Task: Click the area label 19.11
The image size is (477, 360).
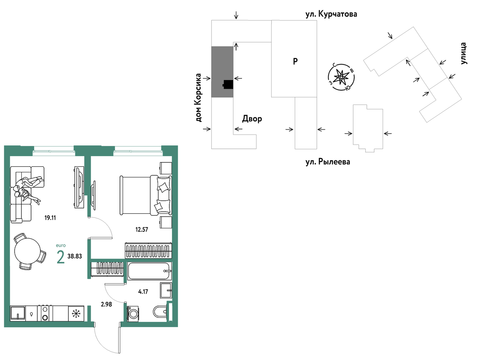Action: click(x=50, y=218)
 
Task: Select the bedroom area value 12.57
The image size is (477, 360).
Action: click(x=142, y=229)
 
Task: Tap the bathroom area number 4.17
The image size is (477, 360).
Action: click(x=143, y=292)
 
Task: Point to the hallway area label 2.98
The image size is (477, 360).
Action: click(x=106, y=304)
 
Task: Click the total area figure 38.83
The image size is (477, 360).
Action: click(x=75, y=256)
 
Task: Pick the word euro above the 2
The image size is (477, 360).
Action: click(x=61, y=245)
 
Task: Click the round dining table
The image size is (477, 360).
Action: click(x=28, y=251)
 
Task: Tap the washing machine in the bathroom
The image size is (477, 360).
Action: click(x=133, y=314)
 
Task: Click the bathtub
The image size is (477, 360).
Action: click(x=149, y=271)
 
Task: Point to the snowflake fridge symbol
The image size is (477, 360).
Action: click(x=76, y=313)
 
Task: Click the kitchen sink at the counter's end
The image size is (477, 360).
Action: click(x=18, y=313)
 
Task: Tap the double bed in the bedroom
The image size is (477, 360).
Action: click(x=146, y=195)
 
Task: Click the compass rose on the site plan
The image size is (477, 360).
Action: click(x=341, y=77)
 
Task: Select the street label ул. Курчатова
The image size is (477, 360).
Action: click(x=331, y=14)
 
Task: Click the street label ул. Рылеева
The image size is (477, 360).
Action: click(x=328, y=162)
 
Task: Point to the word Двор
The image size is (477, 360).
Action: click(x=252, y=119)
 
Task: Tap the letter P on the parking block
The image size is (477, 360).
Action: click(x=295, y=61)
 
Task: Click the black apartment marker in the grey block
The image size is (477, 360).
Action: click(x=228, y=85)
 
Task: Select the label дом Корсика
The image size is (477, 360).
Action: click(x=198, y=98)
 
